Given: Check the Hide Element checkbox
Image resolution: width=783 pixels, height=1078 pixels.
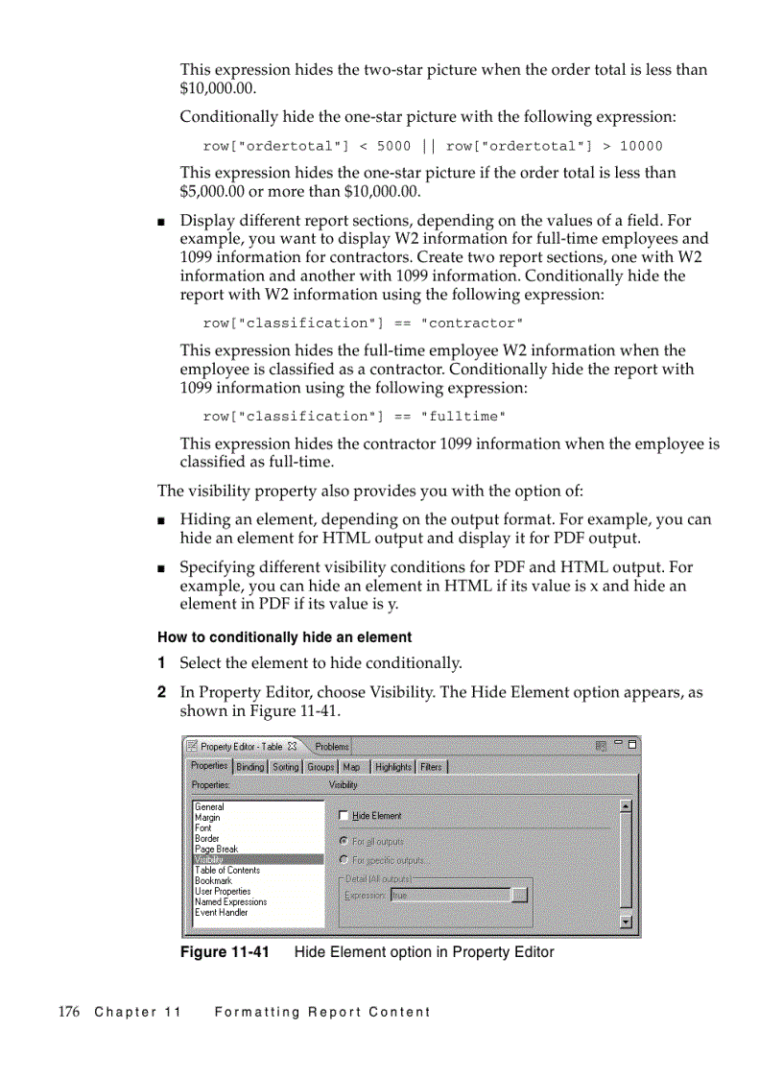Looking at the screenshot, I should point(344,816).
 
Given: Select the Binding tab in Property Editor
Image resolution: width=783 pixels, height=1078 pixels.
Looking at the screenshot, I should point(249,767).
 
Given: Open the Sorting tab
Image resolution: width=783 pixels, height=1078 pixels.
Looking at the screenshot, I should point(286,767).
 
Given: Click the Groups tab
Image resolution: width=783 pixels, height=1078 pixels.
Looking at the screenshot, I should point(320,767).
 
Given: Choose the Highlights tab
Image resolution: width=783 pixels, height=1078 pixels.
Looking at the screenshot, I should point(392,767).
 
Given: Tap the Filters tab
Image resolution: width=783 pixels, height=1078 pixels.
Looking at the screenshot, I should point(431,767).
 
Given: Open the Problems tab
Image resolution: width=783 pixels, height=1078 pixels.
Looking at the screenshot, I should point(331,746).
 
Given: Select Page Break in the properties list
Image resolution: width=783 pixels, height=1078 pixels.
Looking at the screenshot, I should point(216,849).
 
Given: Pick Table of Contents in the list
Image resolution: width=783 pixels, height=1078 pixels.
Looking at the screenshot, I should point(226,870).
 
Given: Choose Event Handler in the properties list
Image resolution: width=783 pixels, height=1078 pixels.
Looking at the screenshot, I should point(221,912).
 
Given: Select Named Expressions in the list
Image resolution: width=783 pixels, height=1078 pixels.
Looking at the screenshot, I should point(230,901).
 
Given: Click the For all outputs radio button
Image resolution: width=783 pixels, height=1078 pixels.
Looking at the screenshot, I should point(344,841).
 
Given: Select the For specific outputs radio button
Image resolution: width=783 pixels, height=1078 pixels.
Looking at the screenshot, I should point(344,860).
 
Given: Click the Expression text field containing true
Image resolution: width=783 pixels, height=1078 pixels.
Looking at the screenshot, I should point(449,895).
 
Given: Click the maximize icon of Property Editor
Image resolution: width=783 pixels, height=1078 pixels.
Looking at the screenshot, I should point(632,744).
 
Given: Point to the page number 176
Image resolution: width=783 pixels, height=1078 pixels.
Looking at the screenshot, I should point(68,1012).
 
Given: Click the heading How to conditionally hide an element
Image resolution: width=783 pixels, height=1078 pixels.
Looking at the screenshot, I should point(284,637).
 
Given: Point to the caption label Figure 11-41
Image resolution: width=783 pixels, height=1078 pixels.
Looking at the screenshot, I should point(225,952).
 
